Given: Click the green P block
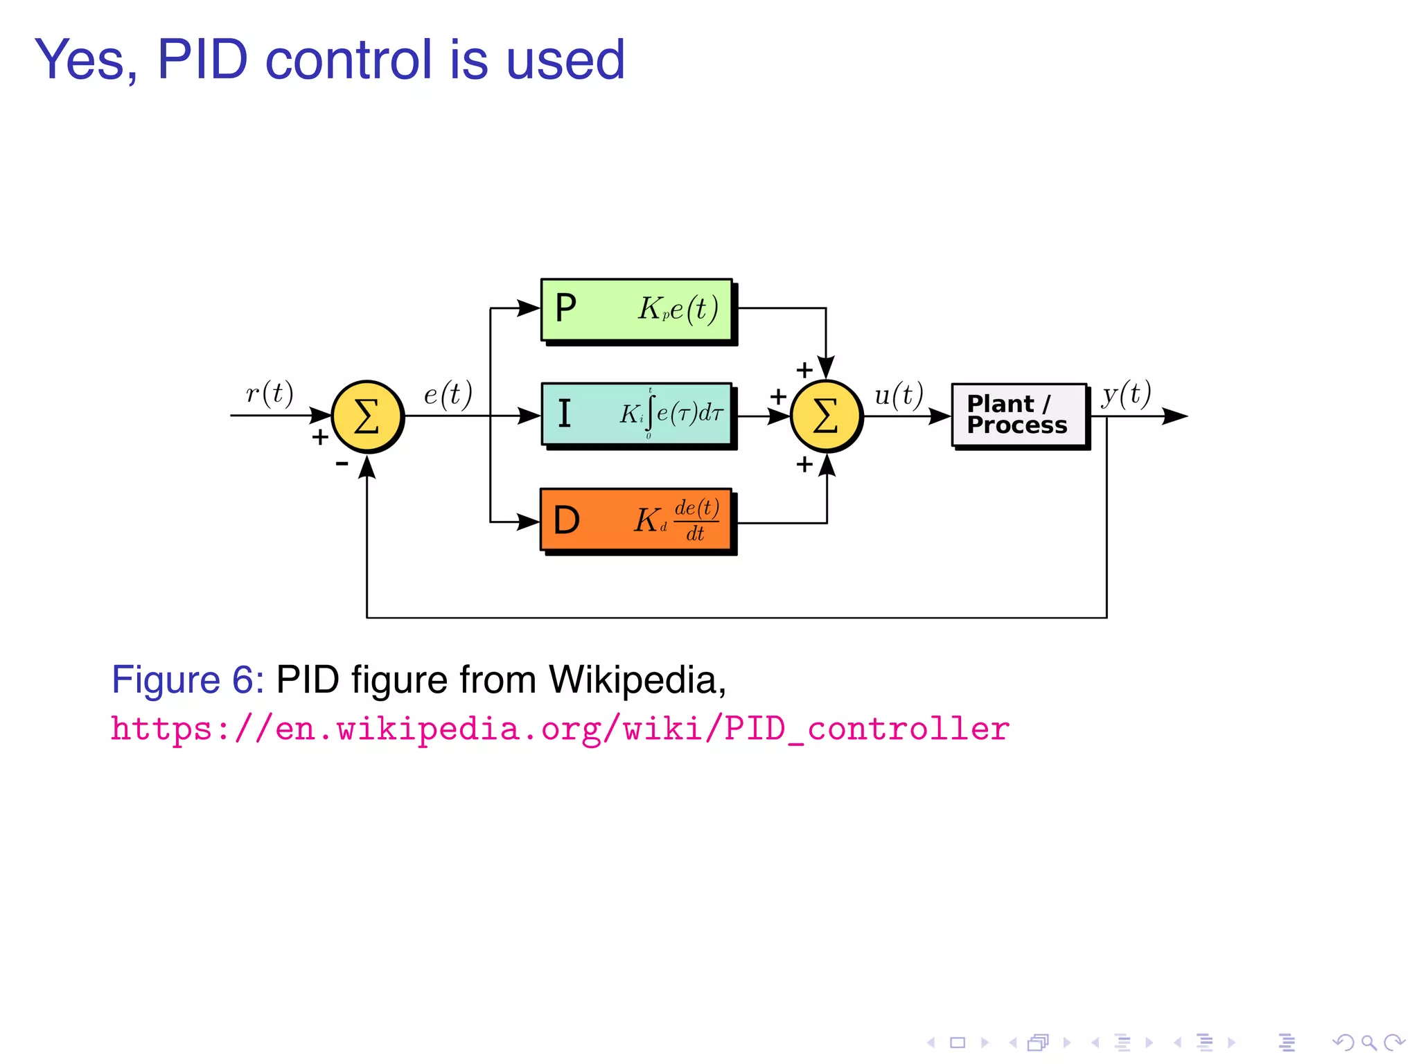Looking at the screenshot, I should click(x=636, y=310).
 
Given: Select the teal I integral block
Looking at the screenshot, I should click(x=636, y=414).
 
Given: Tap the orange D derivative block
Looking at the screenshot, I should click(x=636, y=520).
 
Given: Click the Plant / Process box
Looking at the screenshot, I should click(x=1019, y=415).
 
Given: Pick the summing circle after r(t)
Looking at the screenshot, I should click(x=367, y=416).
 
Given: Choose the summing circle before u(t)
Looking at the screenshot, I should click(x=826, y=416).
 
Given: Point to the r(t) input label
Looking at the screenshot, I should click(x=270, y=393).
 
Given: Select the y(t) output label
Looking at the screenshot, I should click(x=1127, y=395).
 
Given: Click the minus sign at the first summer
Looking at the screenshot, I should click(x=342, y=463).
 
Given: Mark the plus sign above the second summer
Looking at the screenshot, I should click(x=804, y=370).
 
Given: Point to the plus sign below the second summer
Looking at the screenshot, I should click(x=804, y=464).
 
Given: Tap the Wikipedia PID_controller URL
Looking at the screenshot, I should click(x=560, y=729).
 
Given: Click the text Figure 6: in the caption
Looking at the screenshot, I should click(x=188, y=680).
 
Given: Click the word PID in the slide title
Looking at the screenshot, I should click(x=202, y=60).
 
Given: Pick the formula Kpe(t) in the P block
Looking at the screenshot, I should click(x=678, y=309).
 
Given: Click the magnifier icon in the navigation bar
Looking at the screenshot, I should click(x=1368, y=1042).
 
